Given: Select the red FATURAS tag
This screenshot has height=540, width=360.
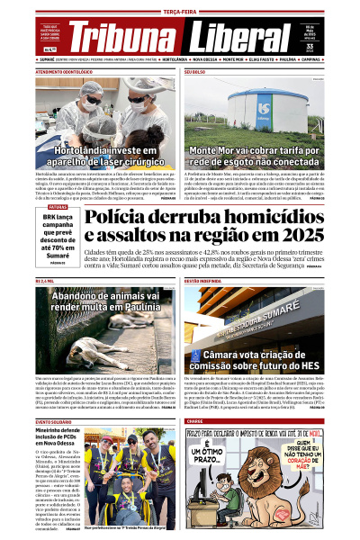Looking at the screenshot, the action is click(58, 207).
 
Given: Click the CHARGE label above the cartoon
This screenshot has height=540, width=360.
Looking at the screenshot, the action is click(195, 421).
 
